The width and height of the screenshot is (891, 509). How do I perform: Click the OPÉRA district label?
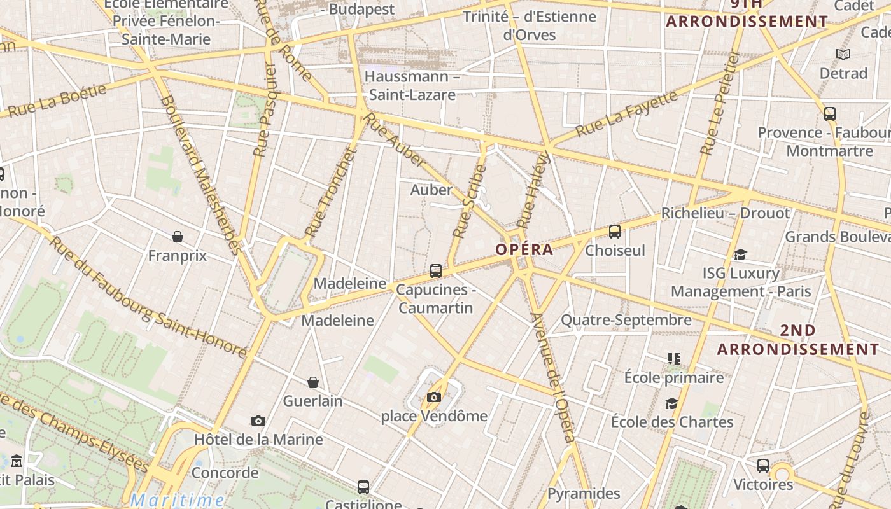coord(524,249)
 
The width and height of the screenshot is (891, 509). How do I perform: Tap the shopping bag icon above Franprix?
coord(178,237)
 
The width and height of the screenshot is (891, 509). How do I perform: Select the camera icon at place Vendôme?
coord(434,398)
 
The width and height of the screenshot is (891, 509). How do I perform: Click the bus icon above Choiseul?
coord(615,232)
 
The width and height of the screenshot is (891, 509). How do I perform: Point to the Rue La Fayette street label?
coord(626,114)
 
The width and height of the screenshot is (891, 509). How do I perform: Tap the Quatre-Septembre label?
coord(626,320)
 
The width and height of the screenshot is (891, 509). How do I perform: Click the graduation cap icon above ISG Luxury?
coord(740,254)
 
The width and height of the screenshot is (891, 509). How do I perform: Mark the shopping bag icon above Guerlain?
coord(313,382)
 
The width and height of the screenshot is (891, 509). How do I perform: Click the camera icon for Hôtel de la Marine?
coord(258,421)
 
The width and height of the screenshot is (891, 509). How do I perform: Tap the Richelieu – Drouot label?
coord(725,213)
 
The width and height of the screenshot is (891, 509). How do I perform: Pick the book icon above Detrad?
coord(843,55)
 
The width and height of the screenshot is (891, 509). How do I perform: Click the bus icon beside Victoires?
coord(763,466)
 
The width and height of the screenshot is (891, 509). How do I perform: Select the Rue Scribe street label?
coord(469,202)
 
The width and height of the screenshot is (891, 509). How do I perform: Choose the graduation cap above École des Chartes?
coord(671,403)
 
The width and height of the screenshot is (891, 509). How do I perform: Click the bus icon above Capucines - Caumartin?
coord(436,271)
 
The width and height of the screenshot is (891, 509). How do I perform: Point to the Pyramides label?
coord(584,493)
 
